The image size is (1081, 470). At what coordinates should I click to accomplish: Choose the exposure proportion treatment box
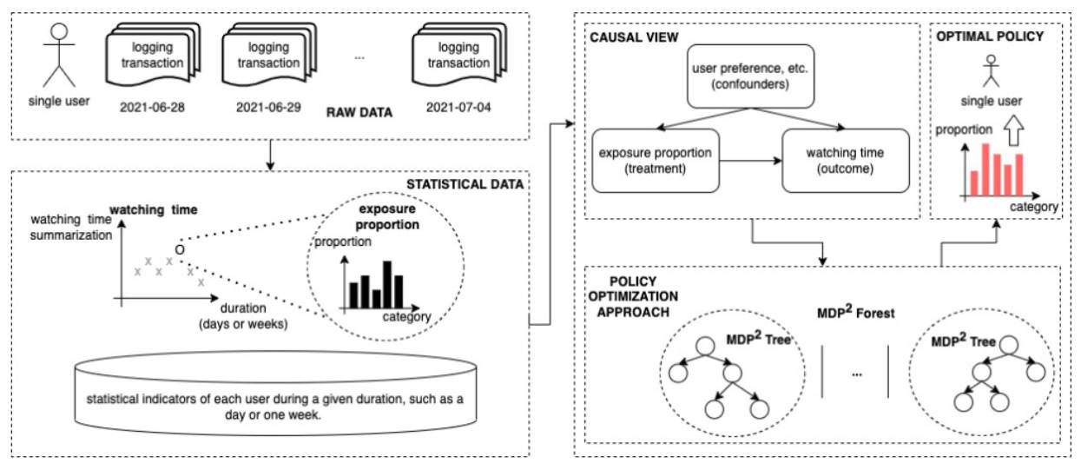(656, 161)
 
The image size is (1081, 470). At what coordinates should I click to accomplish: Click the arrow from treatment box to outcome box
(750, 161)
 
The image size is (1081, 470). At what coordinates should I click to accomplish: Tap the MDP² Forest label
(854, 310)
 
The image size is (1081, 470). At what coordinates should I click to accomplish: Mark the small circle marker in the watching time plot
(179, 249)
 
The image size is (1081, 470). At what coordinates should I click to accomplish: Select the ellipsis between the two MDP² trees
(856, 374)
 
